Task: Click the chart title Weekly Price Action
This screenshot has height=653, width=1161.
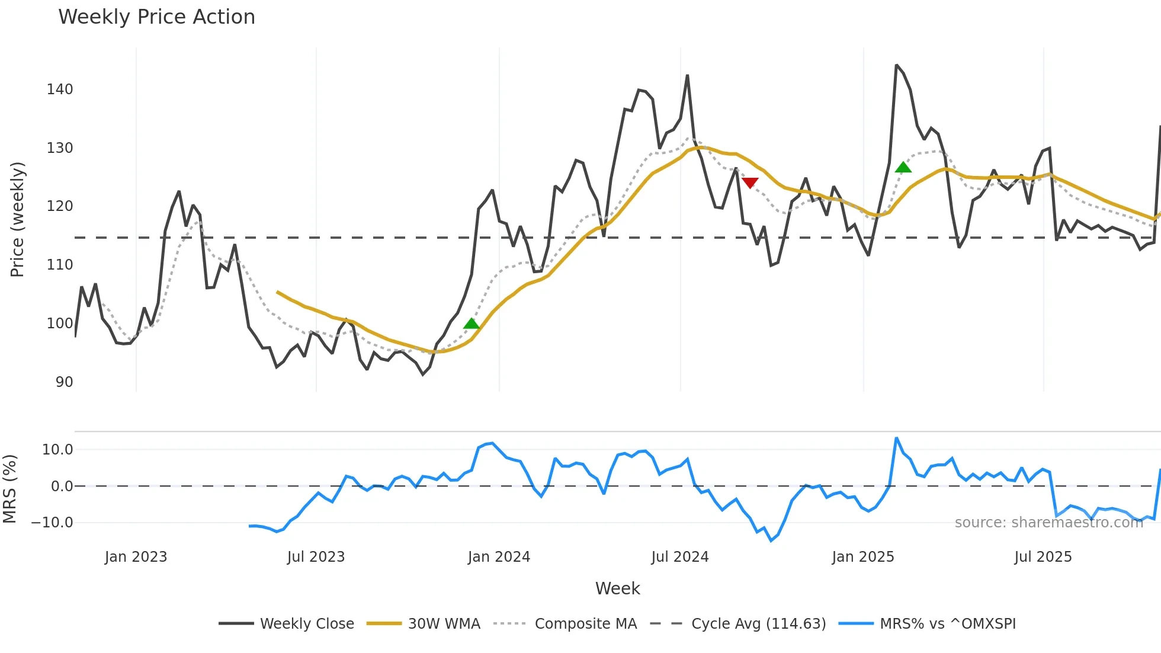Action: pyautogui.click(x=156, y=17)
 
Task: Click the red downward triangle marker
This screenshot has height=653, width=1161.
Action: pyautogui.click(x=750, y=183)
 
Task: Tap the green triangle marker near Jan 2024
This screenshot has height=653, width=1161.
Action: pyautogui.click(x=471, y=324)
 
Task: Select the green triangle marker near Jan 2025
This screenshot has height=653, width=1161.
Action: pyautogui.click(x=903, y=168)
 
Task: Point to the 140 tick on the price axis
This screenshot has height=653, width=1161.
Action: pyautogui.click(x=60, y=89)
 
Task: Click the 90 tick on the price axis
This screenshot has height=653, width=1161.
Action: pyautogui.click(x=64, y=382)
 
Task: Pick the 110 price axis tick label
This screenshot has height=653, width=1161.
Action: pyautogui.click(x=60, y=265)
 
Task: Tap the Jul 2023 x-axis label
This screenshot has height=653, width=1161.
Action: pyautogui.click(x=316, y=557)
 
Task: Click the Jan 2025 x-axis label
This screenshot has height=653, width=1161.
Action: pyautogui.click(x=862, y=557)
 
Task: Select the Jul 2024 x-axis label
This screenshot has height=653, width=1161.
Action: pyautogui.click(x=679, y=557)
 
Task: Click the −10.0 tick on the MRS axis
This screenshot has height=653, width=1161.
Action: pyautogui.click(x=52, y=523)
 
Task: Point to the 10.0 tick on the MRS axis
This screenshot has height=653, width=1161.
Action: pyautogui.click(x=57, y=450)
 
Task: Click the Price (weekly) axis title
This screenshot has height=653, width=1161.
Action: pyautogui.click(x=17, y=219)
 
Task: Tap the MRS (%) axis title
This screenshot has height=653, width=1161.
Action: pyautogui.click(x=9, y=489)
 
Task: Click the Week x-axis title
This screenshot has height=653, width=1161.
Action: pyautogui.click(x=617, y=588)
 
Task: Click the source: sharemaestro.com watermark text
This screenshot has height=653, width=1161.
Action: pyautogui.click(x=1048, y=523)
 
